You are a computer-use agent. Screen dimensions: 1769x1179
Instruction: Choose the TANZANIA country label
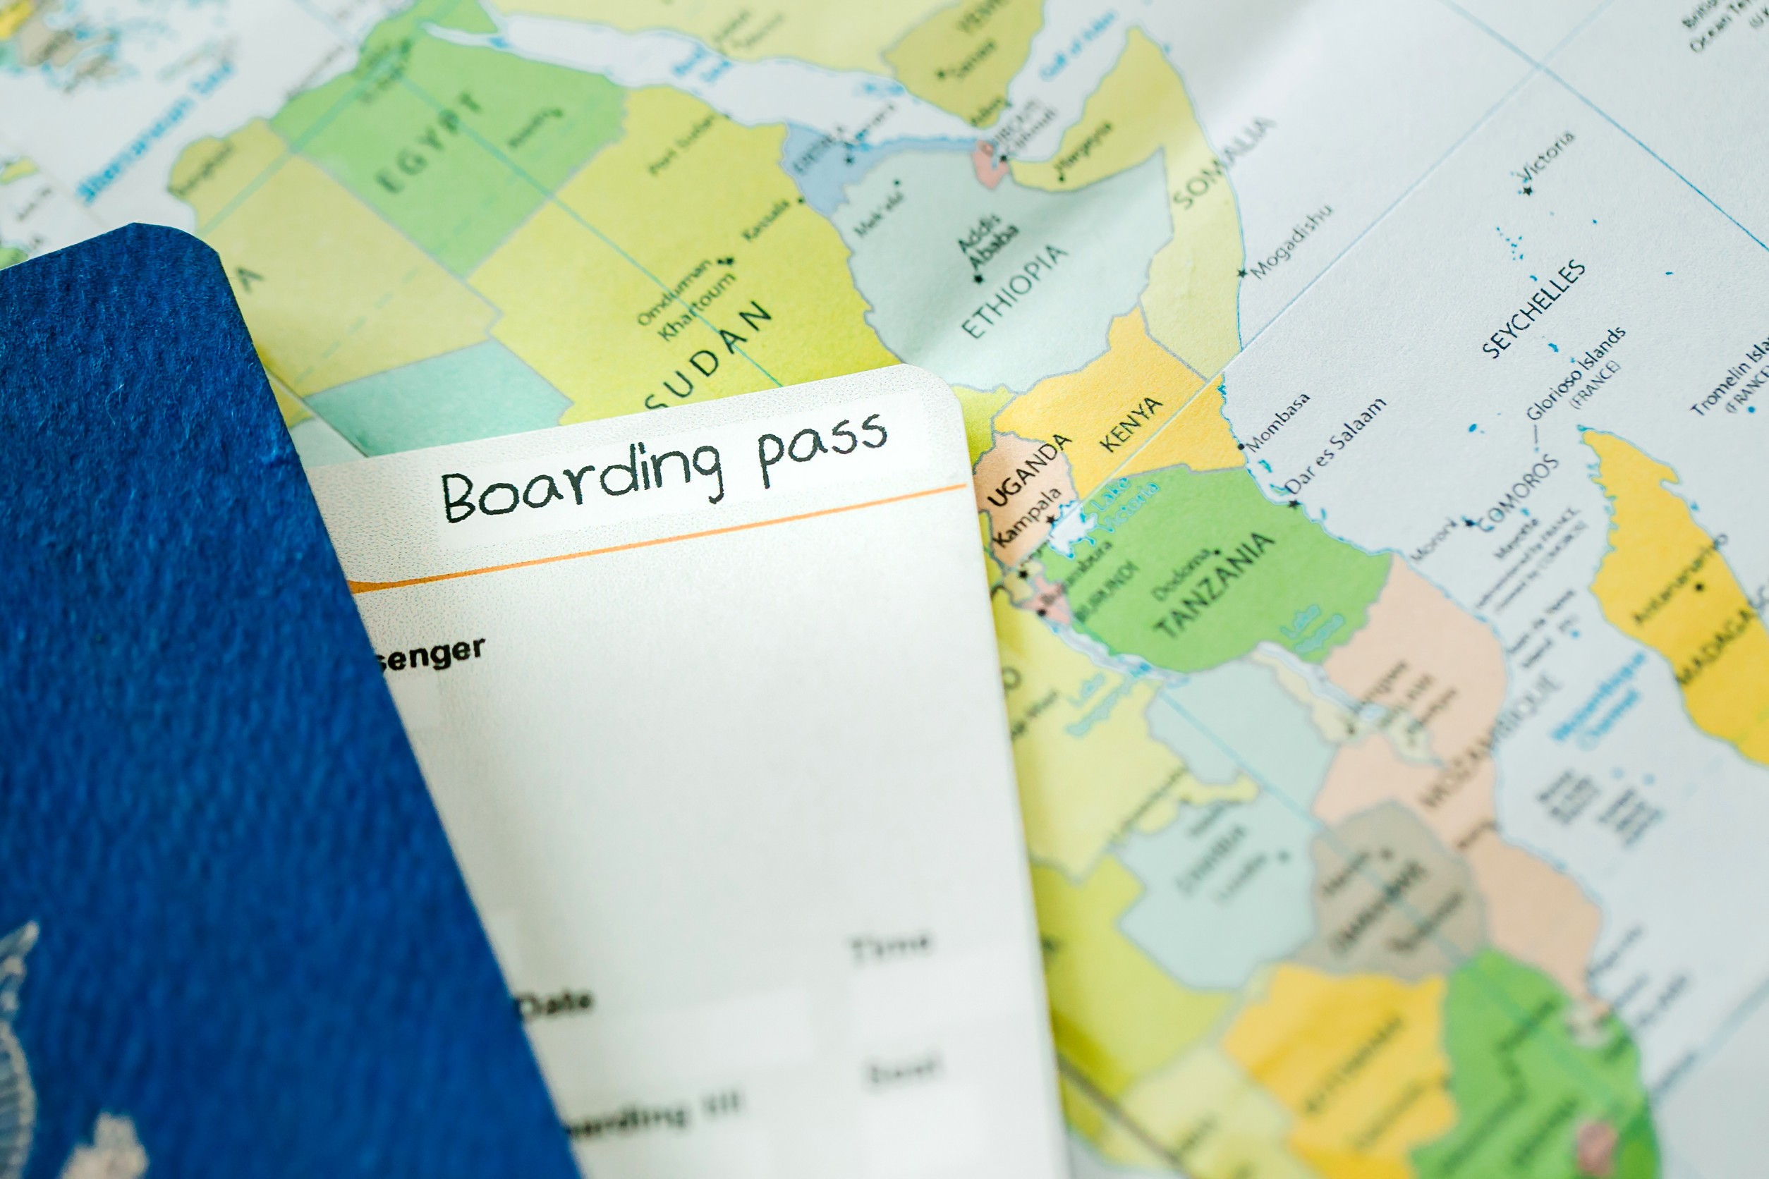(x=1214, y=585)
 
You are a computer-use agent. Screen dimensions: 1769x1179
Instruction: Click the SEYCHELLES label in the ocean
(x=1533, y=307)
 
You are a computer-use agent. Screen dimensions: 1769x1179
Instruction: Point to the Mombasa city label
(x=1278, y=422)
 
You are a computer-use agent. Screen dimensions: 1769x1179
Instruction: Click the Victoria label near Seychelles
(x=1545, y=157)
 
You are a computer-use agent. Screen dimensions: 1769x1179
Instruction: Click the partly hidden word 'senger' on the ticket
(x=430, y=654)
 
